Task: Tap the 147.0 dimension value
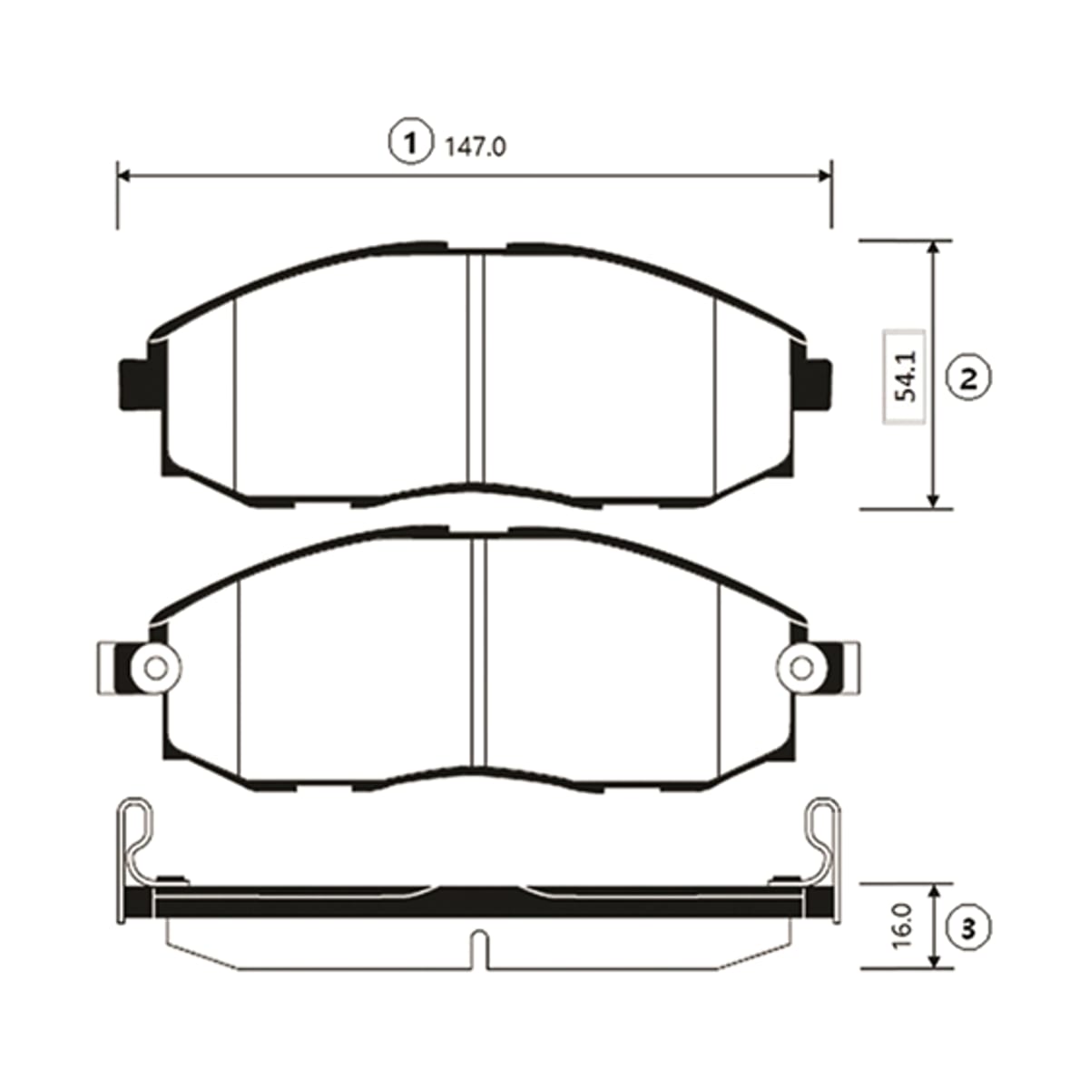476,148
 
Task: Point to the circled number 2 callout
968,378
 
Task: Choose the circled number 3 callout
968,929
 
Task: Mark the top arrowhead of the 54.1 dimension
934,250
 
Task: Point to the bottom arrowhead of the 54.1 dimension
934,499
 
